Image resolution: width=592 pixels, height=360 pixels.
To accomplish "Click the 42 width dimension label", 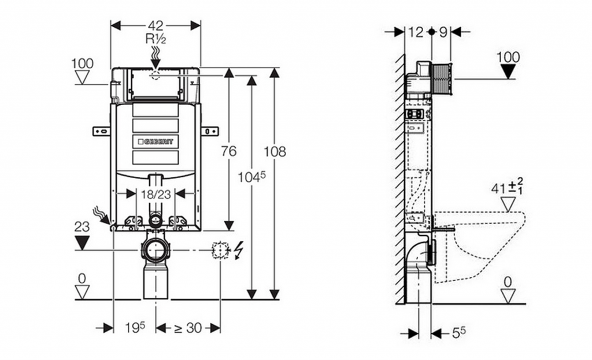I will [x=156, y=25].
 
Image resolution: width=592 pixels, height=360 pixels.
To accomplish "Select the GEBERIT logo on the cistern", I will [x=155, y=141].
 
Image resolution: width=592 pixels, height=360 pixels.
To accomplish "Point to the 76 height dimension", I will [x=229, y=151].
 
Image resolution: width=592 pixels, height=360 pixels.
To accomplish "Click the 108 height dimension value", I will [x=275, y=152].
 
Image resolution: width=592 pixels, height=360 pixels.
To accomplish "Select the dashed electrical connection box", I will [x=220, y=250].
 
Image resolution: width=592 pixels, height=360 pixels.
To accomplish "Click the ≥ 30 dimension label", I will [x=188, y=328].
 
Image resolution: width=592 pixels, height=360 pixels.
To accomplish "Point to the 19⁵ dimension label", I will [x=134, y=328].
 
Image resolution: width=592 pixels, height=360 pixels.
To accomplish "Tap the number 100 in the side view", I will [x=508, y=57].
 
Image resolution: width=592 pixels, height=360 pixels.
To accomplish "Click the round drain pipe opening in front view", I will [x=155, y=250].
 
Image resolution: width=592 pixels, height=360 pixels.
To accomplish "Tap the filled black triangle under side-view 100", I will [x=508, y=72].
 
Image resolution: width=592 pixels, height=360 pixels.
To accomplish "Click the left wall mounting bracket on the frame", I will [x=101, y=131].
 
